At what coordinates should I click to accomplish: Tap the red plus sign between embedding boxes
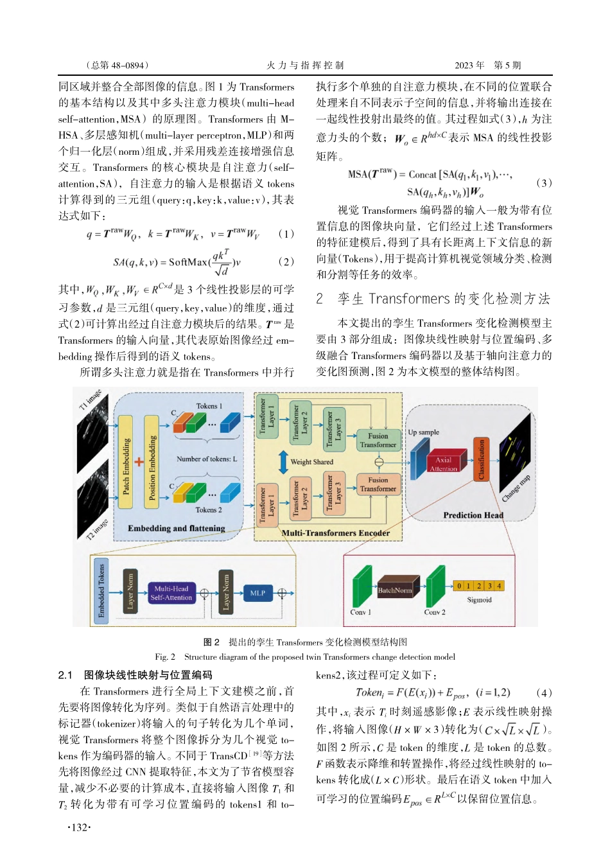pos(139,462)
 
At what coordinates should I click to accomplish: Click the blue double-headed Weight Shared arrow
pos(283,462)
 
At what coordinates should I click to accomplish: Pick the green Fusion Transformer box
pos(378,440)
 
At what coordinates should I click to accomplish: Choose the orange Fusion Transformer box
pos(378,484)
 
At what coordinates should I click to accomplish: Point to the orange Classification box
pos(481,460)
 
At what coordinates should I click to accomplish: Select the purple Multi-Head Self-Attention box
pos(171,593)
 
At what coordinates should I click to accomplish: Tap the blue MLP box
pos(257,593)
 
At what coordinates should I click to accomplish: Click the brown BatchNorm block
pos(394,590)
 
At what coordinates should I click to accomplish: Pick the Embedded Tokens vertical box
pos(101,590)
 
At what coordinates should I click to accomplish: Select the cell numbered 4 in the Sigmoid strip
pos(499,586)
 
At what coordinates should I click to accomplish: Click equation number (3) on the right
pos(543,183)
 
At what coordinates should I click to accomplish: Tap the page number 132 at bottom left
pos(79,827)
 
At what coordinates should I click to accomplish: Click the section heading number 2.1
pos(65,675)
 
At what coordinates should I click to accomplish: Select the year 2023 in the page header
pos(465,66)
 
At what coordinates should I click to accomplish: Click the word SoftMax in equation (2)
pos(188,262)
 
